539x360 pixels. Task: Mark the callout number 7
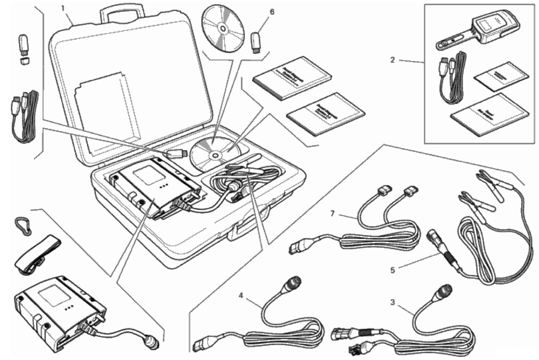click(333, 213)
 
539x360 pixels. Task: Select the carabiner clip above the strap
click(23, 226)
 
